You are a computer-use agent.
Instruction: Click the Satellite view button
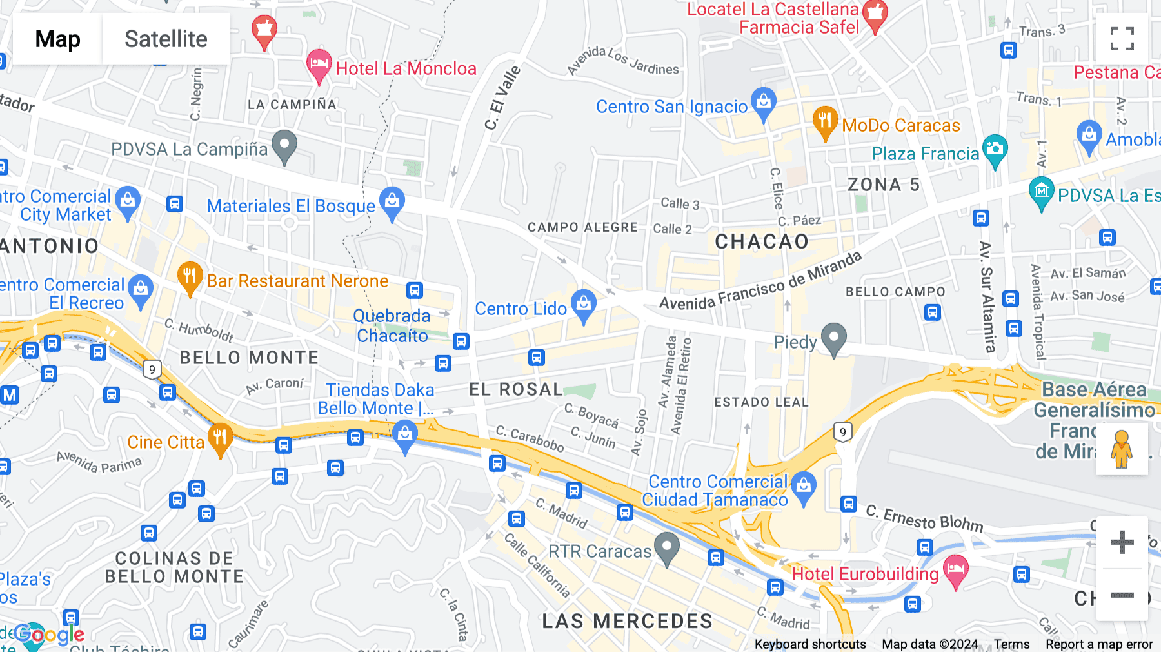(x=166, y=39)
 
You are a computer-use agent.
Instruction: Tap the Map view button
(x=57, y=39)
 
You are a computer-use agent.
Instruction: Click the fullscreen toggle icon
(x=1122, y=39)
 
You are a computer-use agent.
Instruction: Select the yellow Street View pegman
(x=1122, y=449)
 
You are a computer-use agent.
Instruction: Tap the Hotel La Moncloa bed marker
(x=319, y=65)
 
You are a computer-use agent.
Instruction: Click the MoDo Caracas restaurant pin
(x=825, y=121)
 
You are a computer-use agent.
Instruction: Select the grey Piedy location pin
(x=834, y=338)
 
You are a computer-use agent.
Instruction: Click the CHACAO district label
(x=762, y=241)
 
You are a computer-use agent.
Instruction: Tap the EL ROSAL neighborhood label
(x=516, y=389)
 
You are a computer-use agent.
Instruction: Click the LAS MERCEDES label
(x=627, y=621)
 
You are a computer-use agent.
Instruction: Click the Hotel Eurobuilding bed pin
(x=955, y=570)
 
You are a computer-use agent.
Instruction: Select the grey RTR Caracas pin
(x=667, y=547)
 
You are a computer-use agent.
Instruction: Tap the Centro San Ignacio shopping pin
(x=764, y=103)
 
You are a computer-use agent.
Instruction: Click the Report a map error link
(x=1099, y=644)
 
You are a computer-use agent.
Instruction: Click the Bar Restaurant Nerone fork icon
(x=190, y=277)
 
